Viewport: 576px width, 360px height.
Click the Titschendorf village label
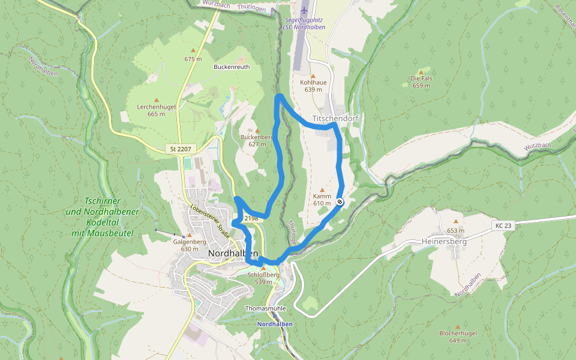click(x=335, y=118)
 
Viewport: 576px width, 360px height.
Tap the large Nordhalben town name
click(x=233, y=253)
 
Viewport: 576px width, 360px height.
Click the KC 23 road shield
click(x=503, y=226)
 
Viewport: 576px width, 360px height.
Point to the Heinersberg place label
click(x=440, y=242)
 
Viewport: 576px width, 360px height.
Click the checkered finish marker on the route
click(x=340, y=202)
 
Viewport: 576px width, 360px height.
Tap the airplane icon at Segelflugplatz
click(x=304, y=10)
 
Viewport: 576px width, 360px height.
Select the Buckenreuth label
click(x=232, y=67)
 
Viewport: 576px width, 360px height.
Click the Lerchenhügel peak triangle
click(x=157, y=100)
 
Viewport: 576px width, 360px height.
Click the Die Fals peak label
click(x=421, y=82)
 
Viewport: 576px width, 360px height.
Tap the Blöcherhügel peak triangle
click(x=457, y=325)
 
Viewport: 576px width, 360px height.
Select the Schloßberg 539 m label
click(x=263, y=278)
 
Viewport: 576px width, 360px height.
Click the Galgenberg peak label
click(x=190, y=245)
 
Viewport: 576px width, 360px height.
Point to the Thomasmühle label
click(x=265, y=308)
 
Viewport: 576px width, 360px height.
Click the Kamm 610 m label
click(x=322, y=199)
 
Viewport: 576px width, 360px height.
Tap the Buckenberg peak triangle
click(x=257, y=130)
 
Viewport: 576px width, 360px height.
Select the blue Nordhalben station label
click(x=275, y=324)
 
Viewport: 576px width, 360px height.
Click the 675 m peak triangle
click(x=193, y=50)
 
